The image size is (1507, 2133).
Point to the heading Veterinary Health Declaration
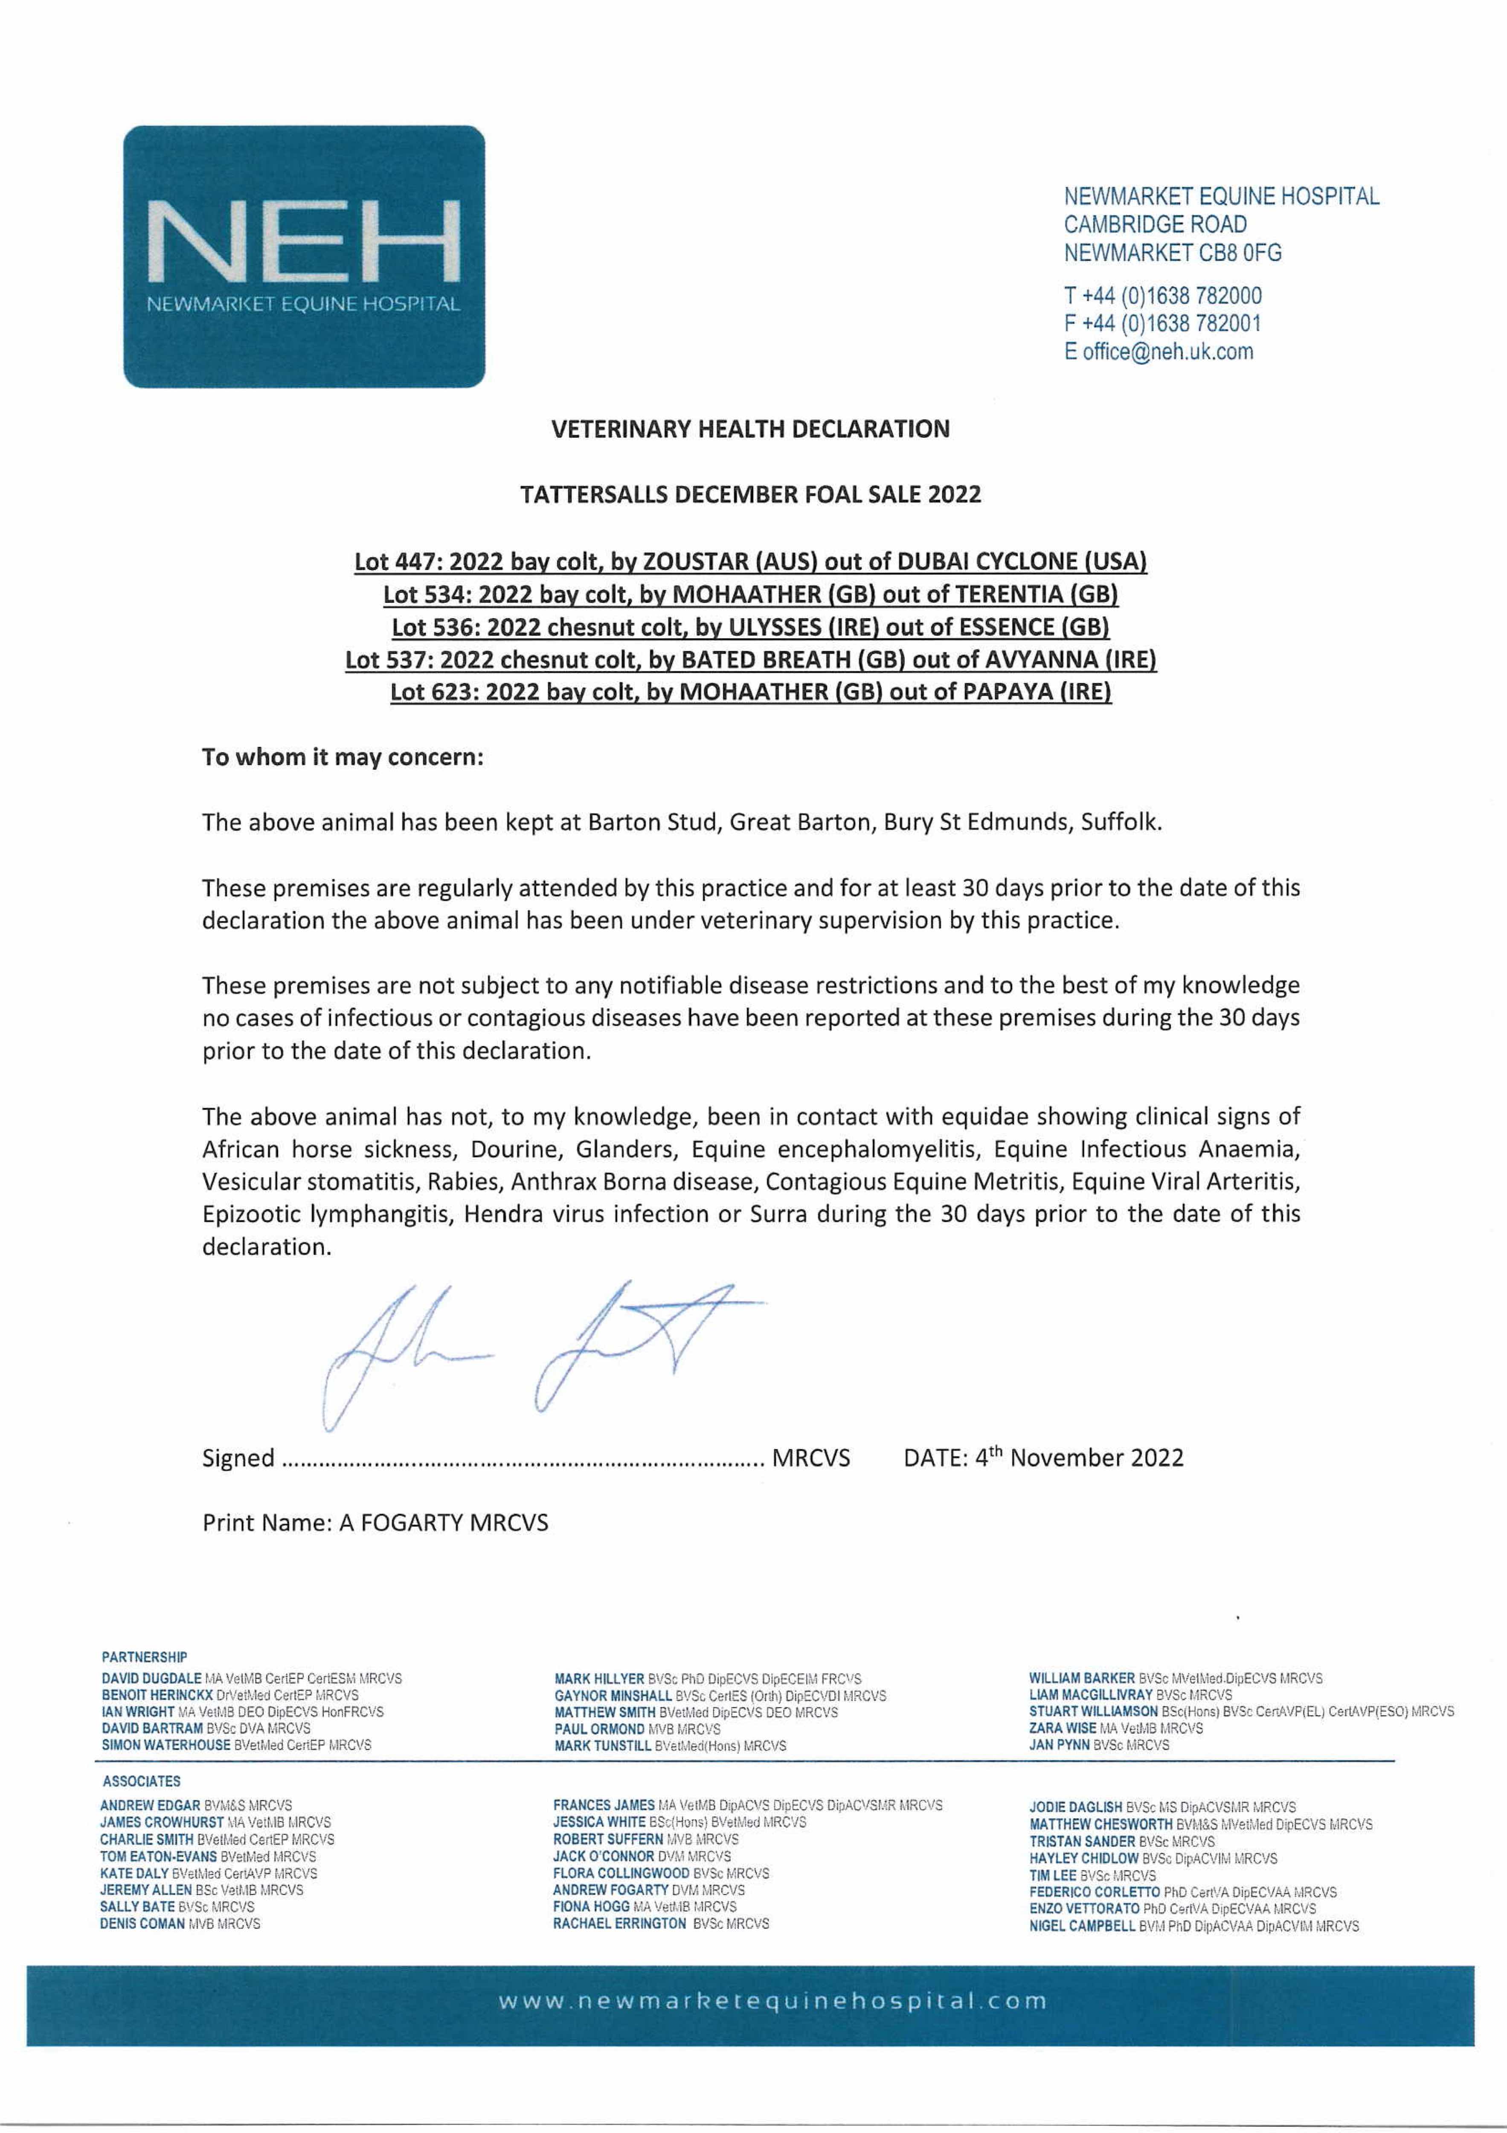pyautogui.click(x=751, y=429)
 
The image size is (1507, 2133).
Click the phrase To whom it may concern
pyautogui.click(x=343, y=757)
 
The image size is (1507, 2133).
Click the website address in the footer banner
pyautogui.click(x=772, y=2001)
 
